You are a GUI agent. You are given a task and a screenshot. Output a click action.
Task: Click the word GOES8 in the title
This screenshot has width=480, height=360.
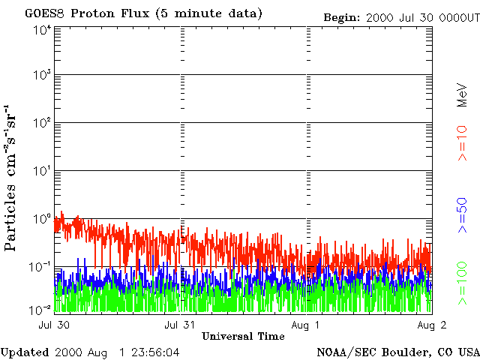point(45,13)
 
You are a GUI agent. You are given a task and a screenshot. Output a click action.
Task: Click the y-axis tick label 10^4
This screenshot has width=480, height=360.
point(42,31)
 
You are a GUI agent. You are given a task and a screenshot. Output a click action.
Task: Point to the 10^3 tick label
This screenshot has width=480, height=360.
point(42,74)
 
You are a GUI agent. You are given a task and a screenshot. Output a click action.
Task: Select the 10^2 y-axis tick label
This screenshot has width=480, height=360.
point(42,123)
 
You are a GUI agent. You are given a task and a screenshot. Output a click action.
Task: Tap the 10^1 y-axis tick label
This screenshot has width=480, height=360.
point(42,171)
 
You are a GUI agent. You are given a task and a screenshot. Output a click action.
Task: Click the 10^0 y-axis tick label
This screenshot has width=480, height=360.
point(42,219)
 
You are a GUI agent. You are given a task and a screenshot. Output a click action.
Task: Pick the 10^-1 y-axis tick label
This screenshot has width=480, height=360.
point(42,267)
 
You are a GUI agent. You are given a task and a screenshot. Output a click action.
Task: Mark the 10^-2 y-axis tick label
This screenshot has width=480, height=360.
point(42,310)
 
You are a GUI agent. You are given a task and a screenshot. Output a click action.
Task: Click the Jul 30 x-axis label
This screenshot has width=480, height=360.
point(54,325)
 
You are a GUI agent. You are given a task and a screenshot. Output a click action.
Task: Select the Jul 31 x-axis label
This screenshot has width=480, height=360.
point(180,325)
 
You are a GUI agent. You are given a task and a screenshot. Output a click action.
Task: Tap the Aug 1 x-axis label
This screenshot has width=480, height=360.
point(305,325)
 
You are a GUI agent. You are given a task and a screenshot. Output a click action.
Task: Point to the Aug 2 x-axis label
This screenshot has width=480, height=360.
point(432,325)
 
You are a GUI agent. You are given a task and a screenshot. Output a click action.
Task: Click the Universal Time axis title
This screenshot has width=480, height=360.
point(243,337)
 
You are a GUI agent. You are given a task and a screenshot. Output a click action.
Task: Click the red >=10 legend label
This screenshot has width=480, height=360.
point(463,143)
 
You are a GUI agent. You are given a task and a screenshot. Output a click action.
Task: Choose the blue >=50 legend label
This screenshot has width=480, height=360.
point(463,215)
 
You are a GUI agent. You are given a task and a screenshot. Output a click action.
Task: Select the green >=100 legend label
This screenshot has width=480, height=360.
point(463,283)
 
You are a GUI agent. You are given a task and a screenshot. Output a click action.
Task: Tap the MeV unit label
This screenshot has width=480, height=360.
point(463,95)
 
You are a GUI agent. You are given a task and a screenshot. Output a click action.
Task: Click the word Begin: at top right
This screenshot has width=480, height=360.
point(342,18)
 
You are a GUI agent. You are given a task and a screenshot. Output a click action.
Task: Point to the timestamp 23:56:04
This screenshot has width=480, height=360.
point(155,352)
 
